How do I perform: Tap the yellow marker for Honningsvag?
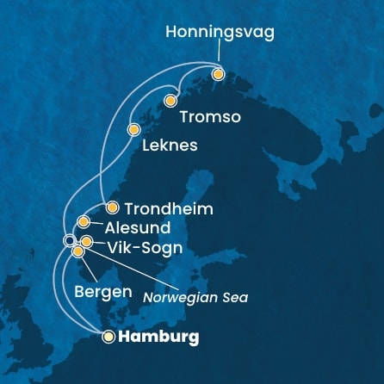click(x=218, y=74)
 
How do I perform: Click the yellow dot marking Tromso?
click(x=170, y=101)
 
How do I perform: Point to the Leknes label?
click(x=170, y=146)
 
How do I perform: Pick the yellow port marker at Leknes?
click(x=133, y=130)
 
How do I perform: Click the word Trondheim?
click(x=169, y=208)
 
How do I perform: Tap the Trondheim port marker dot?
click(x=112, y=207)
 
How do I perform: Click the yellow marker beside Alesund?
click(x=84, y=222)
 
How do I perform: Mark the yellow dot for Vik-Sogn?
click(x=86, y=242)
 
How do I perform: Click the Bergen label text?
click(x=103, y=292)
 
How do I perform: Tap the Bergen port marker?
click(x=78, y=251)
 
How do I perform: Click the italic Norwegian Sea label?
click(x=195, y=298)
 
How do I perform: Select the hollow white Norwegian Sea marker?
click(x=69, y=240)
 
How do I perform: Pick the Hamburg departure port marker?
click(x=108, y=337)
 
